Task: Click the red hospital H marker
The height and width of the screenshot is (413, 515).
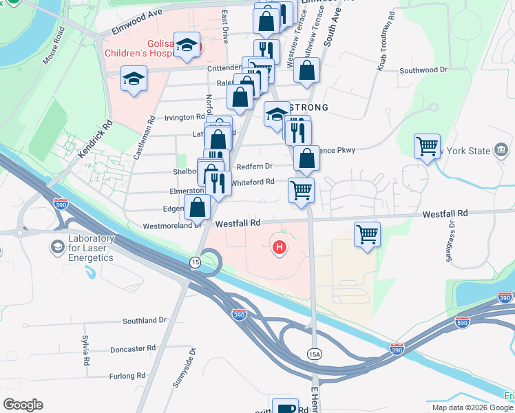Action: click(x=280, y=247)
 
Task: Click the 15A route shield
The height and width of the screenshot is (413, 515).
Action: click(x=314, y=353)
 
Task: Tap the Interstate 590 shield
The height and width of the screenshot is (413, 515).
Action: click(x=463, y=321)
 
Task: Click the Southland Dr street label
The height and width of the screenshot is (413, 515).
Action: click(x=145, y=321)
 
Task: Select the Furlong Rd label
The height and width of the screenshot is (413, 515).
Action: click(x=127, y=376)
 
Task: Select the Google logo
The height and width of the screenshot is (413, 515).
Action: click(x=23, y=405)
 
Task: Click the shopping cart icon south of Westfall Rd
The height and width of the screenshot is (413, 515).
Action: click(x=368, y=233)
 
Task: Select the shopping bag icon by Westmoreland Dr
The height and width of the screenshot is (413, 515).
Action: click(x=198, y=206)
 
